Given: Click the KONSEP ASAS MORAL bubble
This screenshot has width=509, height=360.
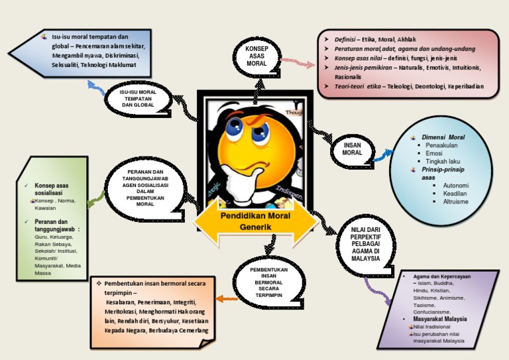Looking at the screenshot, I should tap(256, 56).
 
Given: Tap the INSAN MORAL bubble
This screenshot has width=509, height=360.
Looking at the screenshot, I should tap(352, 149).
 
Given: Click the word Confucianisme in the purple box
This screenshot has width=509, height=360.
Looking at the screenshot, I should tap(431, 311).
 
